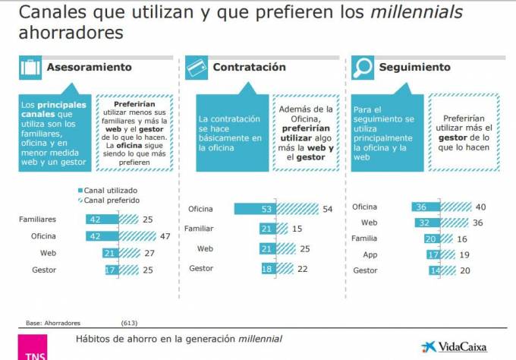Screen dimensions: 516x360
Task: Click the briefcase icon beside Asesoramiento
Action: coord(30,68)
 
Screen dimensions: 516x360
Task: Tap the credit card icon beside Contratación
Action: coord(197,68)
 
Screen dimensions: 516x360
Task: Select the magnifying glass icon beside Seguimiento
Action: coord(362,68)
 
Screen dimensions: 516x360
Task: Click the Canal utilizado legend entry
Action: coord(108,191)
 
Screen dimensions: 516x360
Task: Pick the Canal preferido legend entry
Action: coord(109,201)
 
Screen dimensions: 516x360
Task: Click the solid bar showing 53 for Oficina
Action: coord(255,209)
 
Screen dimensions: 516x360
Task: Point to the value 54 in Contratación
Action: coord(328,209)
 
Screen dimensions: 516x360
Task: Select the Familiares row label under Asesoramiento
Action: coord(37,219)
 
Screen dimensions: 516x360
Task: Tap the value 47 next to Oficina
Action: coord(165,236)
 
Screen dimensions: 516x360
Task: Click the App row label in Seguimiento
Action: coord(370,254)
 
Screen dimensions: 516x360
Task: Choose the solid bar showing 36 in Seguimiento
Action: coord(426,207)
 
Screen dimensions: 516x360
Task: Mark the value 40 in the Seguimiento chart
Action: coord(480,207)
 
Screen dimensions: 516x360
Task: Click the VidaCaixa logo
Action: coord(454,347)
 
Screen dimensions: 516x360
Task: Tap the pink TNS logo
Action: coord(33,347)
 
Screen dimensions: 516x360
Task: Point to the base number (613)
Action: coord(129,323)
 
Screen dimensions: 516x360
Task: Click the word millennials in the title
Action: coord(417,12)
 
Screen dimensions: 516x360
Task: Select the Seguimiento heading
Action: coord(414,67)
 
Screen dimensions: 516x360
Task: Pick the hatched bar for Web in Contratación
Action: coord(286,248)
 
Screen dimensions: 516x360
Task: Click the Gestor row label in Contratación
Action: coord(201,268)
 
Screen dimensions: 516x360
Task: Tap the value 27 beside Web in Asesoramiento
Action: coord(149,253)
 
